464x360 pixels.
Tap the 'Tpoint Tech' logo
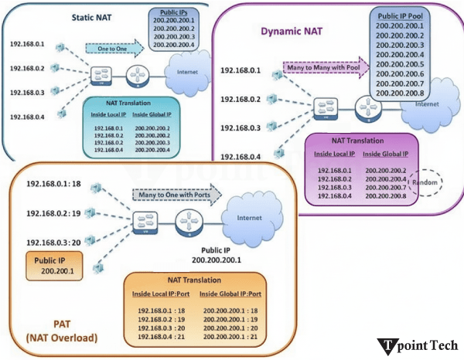click(x=418, y=345)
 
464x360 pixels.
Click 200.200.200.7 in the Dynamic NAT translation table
click(x=384, y=187)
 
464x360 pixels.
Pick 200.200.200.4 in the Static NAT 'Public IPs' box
click(x=176, y=46)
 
